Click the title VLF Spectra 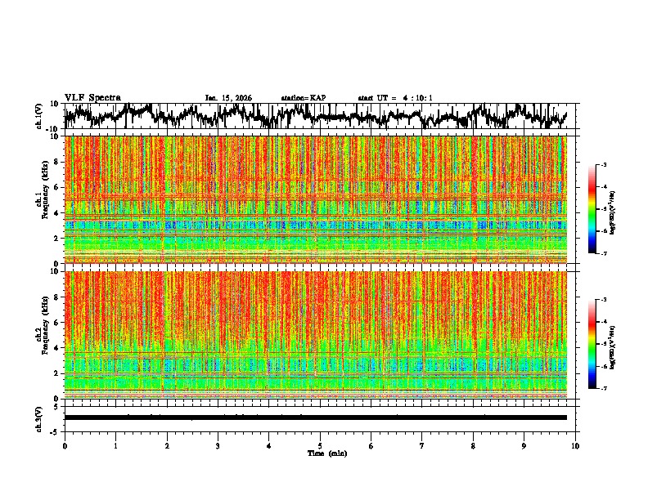(x=92, y=97)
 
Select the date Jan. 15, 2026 (x=228, y=98)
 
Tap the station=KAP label (x=304, y=98)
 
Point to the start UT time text (x=395, y=98)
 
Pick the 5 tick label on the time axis (x=320, y=446)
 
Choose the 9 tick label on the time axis (x=524, y=446)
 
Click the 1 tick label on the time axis (x=115, y=446)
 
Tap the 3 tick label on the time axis (x=218, y=446)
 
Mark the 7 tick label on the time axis (x=422, y=446)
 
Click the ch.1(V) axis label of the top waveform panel (x=39, y=116)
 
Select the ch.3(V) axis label (x=39, y=417)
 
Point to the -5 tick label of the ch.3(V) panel (x=55, y=431)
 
